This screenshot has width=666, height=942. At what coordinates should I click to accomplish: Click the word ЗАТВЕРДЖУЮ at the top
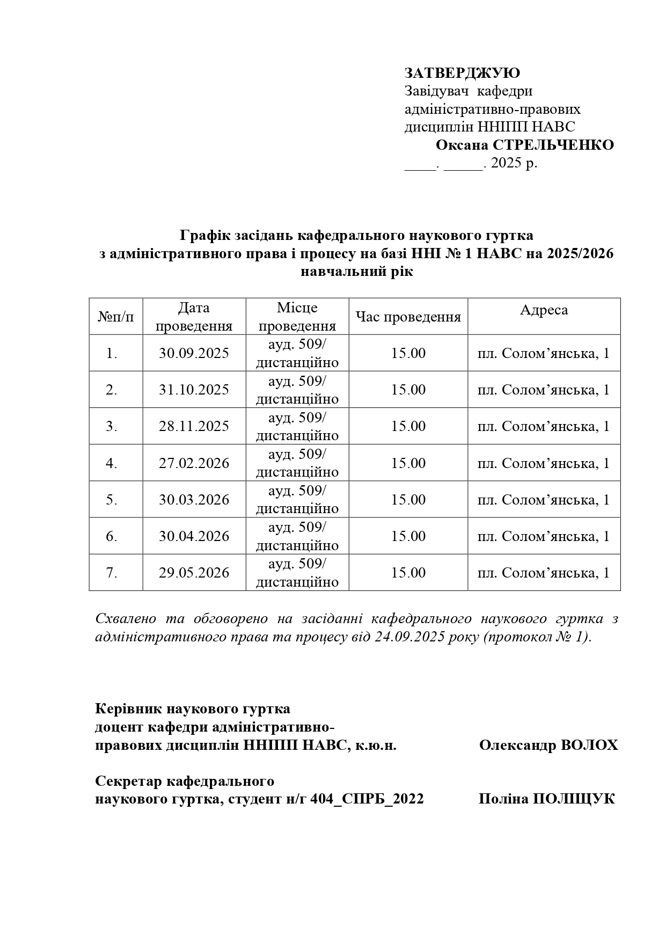pos(462,73)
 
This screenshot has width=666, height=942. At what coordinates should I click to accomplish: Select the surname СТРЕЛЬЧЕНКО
pos(553,145)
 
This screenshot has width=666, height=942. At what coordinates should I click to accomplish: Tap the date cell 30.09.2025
pos(194,353)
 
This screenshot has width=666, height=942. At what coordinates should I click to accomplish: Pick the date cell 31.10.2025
pos(194,390)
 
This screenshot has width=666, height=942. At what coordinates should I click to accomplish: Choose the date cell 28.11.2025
pos(194,426)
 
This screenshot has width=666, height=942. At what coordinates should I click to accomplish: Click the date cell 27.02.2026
pos(194,463)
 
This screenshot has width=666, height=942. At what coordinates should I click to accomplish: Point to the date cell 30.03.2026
pos(194,500)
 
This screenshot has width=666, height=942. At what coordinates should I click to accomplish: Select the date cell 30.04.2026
pos(194,536)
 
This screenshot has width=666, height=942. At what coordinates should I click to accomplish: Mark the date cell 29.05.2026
pos(194,573)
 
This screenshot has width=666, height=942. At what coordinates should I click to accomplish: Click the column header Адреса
pos(544,310)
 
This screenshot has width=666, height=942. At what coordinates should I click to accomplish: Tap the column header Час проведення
pos(408,317)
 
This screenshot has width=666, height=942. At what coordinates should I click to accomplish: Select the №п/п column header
pos(116,317)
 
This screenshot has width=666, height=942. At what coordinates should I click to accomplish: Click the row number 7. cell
pos(112,573)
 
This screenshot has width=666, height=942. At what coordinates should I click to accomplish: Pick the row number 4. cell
pos(112,463)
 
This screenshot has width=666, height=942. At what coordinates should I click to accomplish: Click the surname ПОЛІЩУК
pos(574,799)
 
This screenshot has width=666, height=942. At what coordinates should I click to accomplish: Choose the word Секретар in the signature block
pos(126,781)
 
